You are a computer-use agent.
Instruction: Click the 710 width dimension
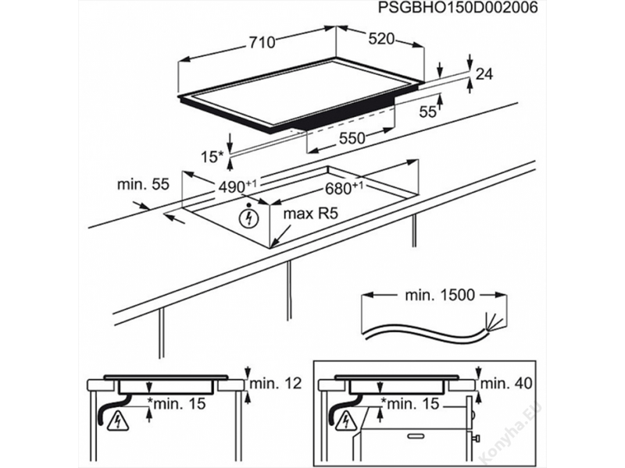(261, 43)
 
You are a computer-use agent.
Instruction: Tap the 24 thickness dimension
(484, 75)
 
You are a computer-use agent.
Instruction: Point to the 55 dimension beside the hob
(427, 112)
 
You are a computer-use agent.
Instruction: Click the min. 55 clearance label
(143, 185)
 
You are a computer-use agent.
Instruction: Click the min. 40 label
(506, 383)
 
